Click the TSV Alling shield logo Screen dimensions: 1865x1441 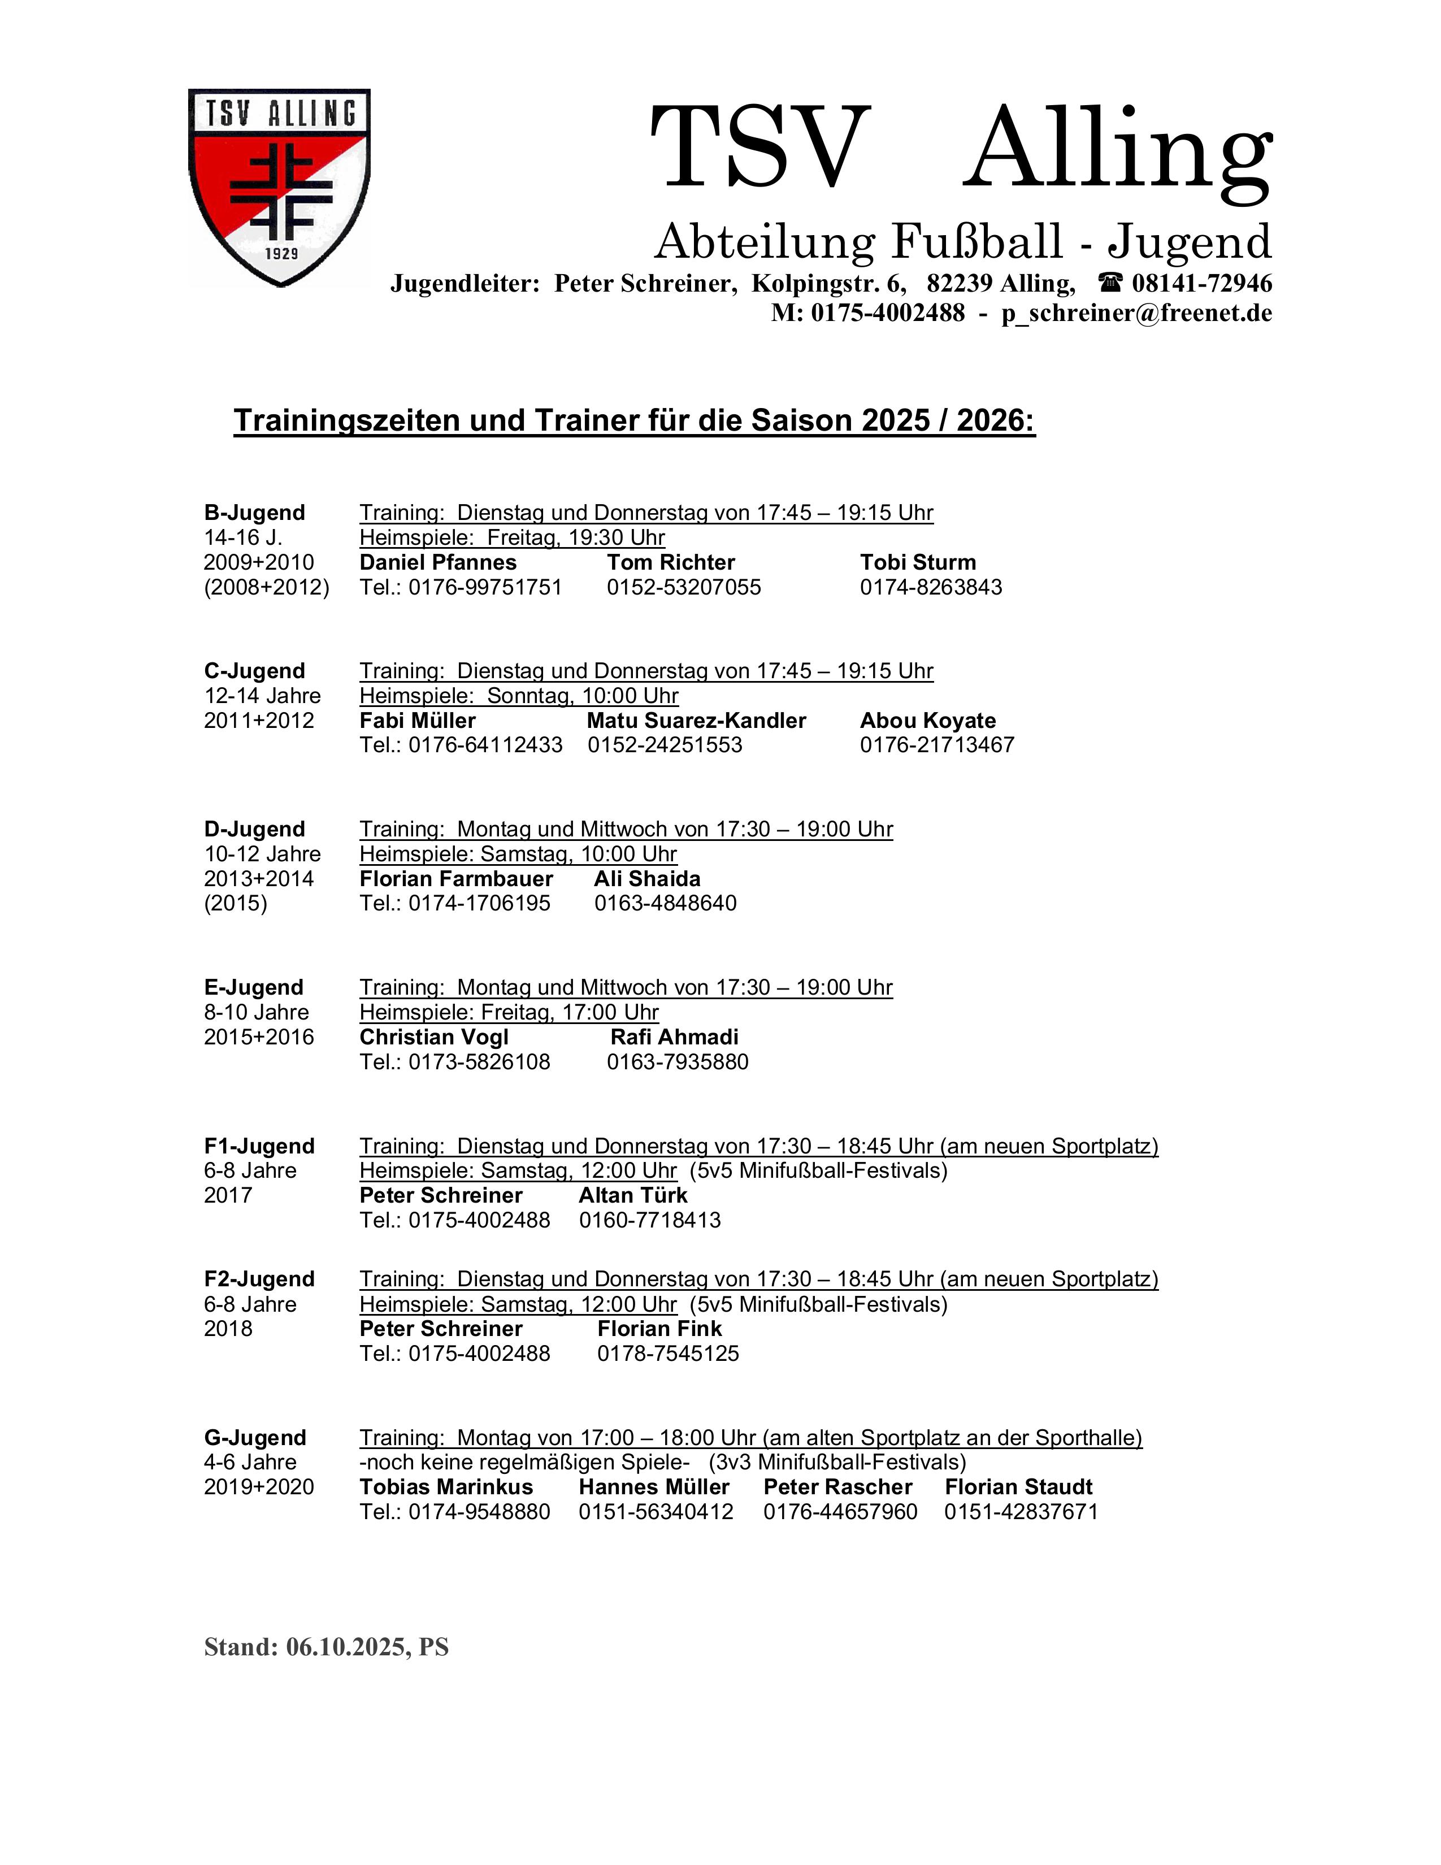(279, 186)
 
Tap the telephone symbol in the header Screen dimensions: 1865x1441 (1110, 283)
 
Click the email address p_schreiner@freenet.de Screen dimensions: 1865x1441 (1136, 314)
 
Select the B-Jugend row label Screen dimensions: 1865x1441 (254, 513)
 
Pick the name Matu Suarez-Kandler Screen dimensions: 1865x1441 (696, 720)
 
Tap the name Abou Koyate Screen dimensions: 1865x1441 (927, 720)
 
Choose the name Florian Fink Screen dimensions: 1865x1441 (659, 1329)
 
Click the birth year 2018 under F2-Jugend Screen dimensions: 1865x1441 (228, 1329)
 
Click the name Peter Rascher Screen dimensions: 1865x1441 (837, 1487)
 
